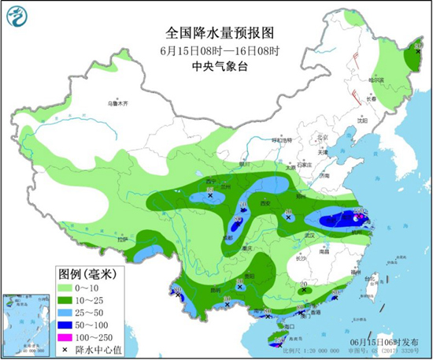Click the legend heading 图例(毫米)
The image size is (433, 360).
(x=87, y=275)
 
